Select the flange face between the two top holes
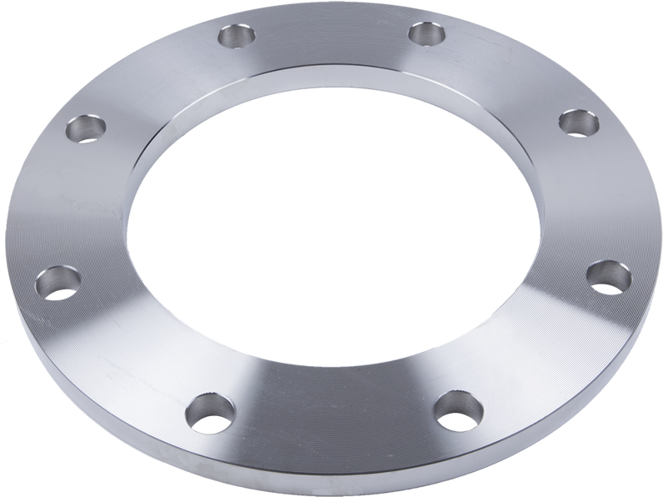tap(333, 38)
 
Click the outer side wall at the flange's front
tap(333, 484)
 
